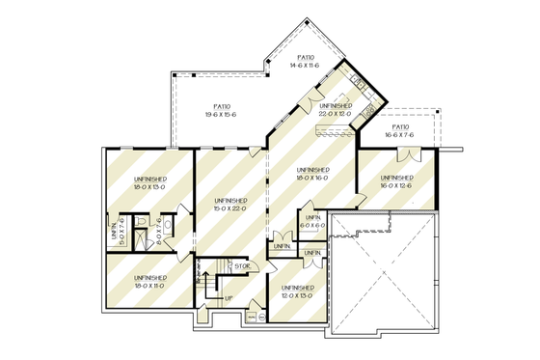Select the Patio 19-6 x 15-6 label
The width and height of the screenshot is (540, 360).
pos(222,110)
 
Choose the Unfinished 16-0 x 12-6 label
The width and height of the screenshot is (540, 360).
pos(396,181)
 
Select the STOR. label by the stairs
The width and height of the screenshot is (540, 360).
pos(243,265)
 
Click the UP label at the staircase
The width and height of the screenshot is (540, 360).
pos(228,297)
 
